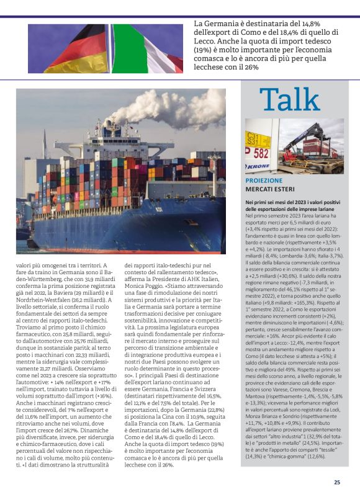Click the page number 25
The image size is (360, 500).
pyautogui.click(x=337, y=482)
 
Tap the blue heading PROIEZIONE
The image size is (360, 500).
pyautogui.click(x=264, y=180)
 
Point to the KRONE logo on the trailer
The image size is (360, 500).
pyautogui.click(x=257, y=167)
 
